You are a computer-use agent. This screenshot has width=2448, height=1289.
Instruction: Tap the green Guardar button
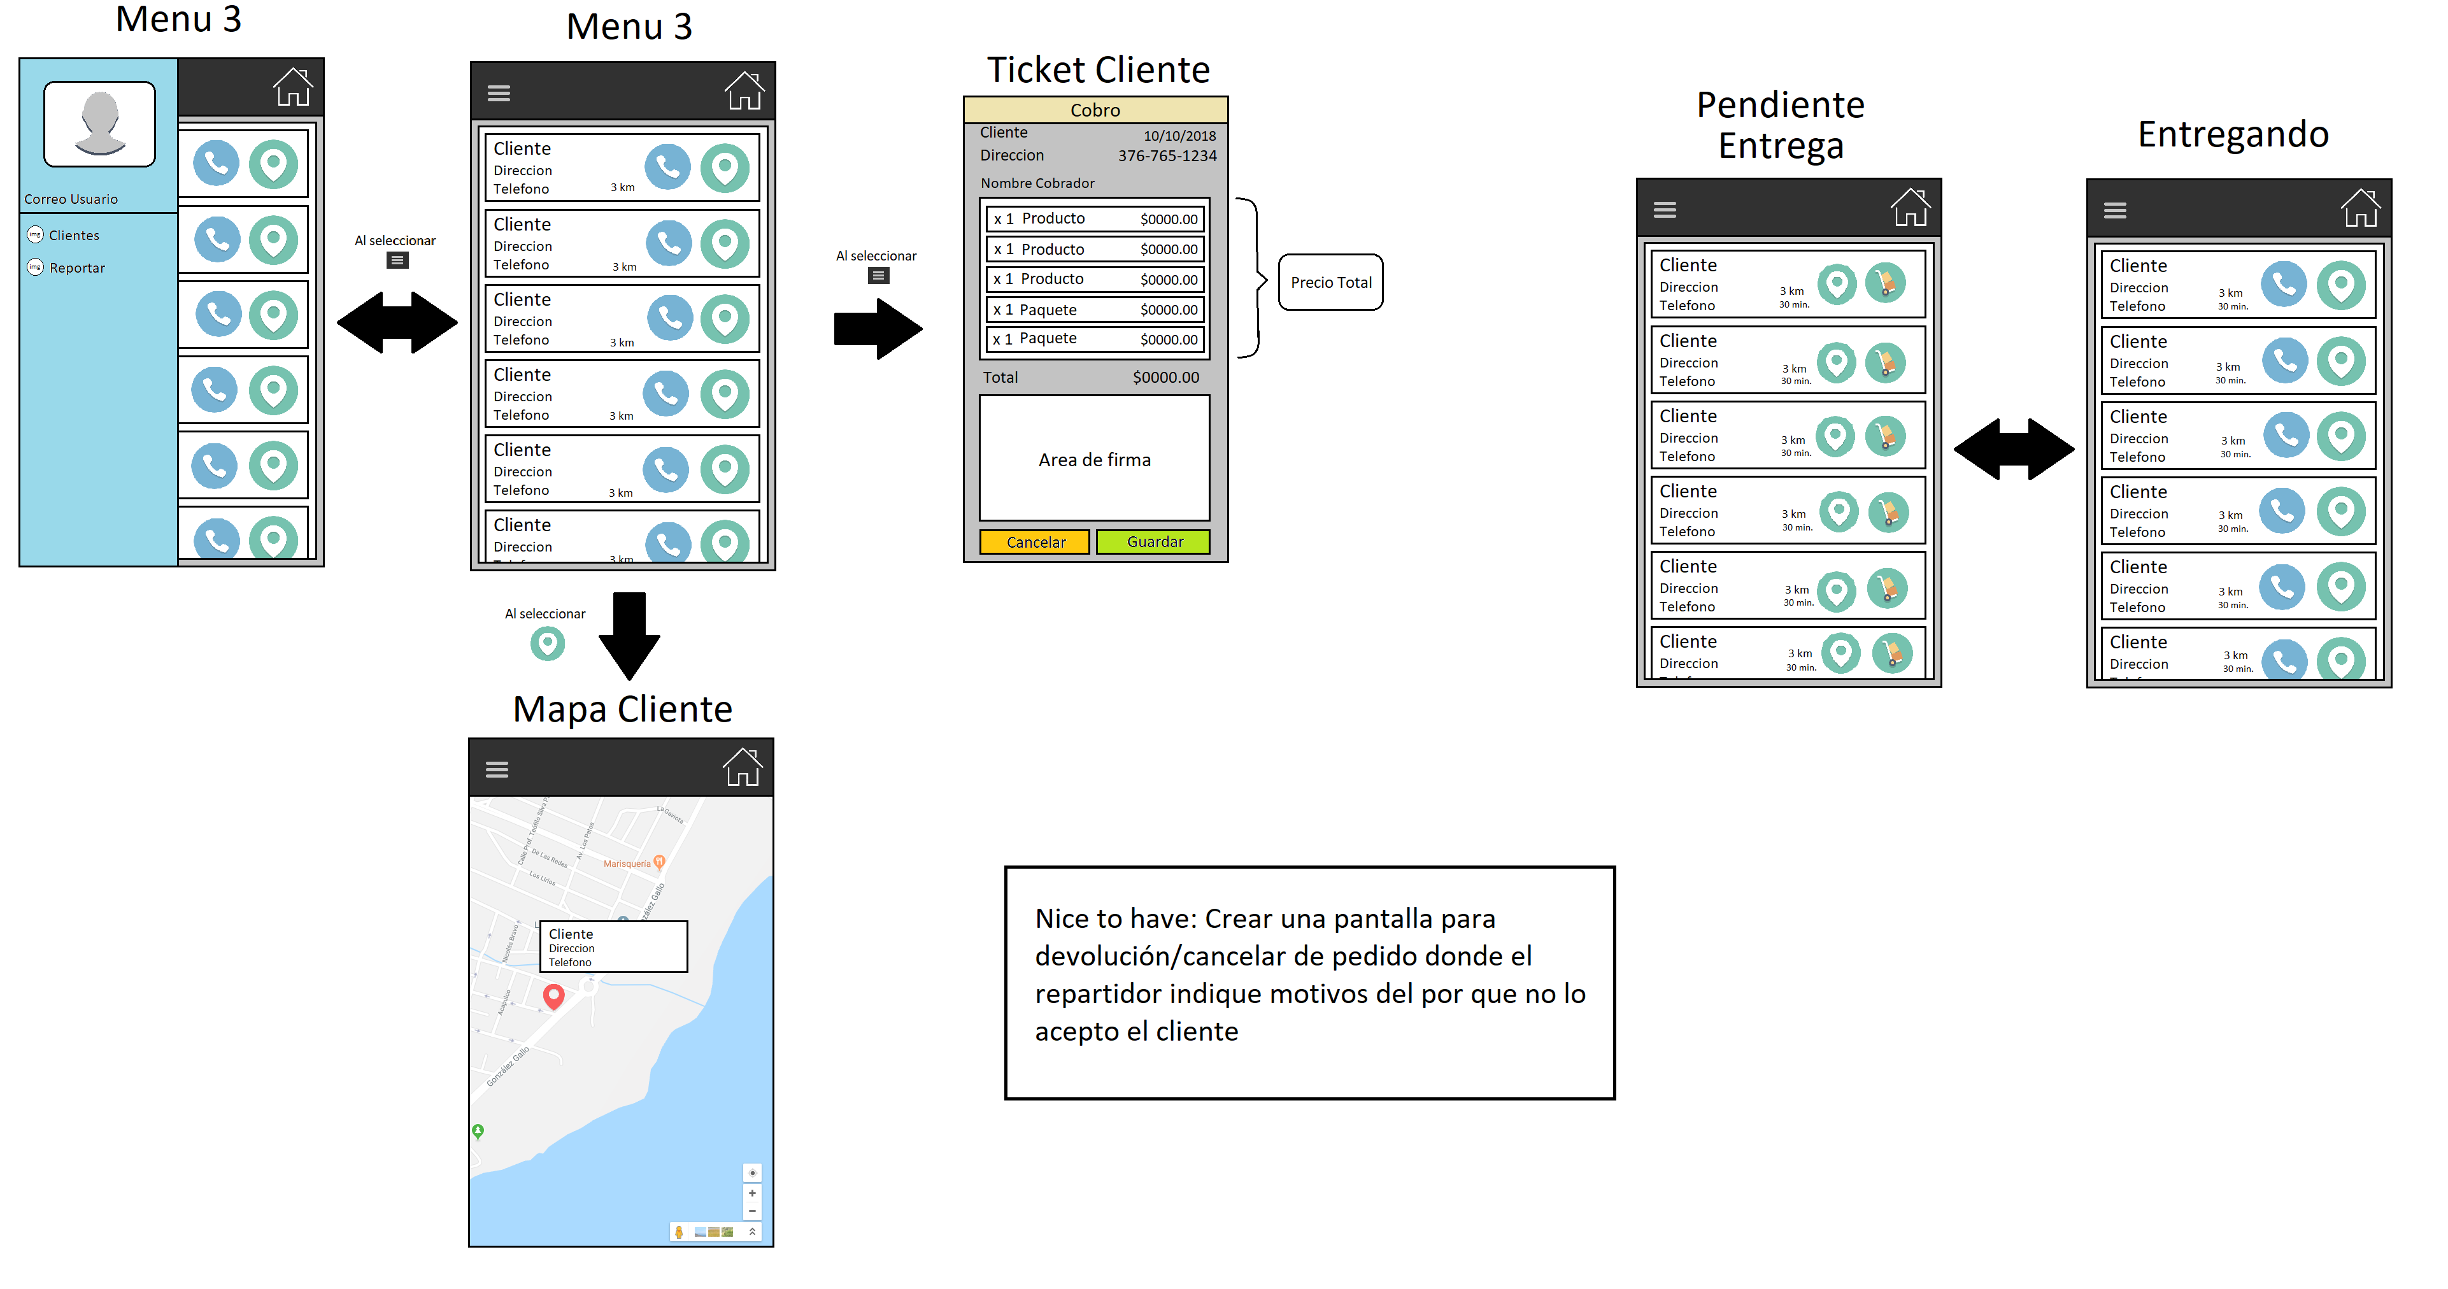[x=1154, y=542]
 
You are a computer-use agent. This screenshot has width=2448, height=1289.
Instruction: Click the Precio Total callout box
[x=1330, y=282]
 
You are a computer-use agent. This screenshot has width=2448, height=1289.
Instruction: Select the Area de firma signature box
[x=1094, y=459]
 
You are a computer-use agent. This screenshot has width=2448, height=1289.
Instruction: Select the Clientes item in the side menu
[x=73, y=236]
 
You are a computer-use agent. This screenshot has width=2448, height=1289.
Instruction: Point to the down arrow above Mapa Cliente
[x=629, y=635]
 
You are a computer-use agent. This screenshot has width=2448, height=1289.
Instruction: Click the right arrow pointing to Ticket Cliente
[x=877, y=329]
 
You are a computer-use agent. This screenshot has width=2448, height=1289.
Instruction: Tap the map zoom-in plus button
[x=751, y=1193]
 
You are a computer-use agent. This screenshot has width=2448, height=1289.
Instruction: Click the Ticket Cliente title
[x=1098, y=70]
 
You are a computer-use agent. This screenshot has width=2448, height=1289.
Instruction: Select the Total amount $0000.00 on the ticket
[x=1165, y=378]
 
